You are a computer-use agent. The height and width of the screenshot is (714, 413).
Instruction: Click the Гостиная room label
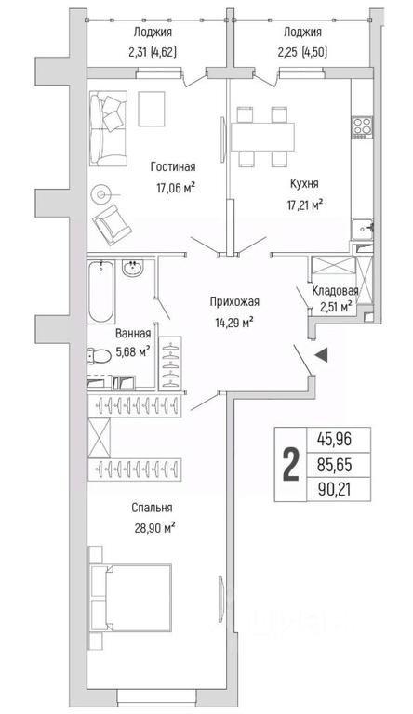(173, 166)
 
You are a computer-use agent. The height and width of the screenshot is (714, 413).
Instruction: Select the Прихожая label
(234, 301)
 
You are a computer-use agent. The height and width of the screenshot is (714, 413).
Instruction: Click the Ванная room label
(133, 334)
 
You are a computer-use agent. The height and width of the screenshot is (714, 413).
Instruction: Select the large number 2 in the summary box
(291, 464)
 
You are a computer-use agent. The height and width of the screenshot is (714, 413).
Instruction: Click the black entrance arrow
(321, 355)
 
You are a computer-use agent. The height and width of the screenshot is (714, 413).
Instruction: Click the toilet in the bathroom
(99, 355)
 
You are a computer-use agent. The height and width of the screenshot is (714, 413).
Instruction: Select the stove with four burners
(363, 127)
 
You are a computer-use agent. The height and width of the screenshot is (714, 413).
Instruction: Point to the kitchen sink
(363, 228)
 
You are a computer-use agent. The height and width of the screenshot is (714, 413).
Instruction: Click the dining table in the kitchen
(263, 137)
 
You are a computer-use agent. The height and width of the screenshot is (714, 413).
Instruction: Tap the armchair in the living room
(112, 226)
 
